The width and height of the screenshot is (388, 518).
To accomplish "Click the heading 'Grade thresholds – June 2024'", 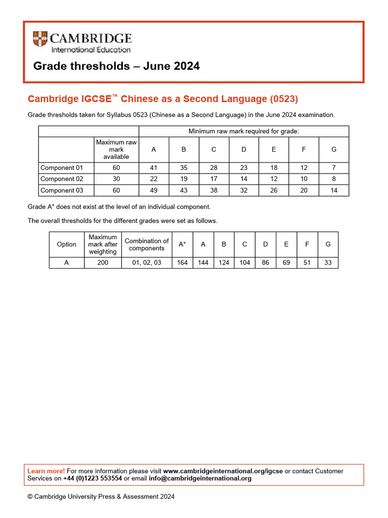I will pos(116,66).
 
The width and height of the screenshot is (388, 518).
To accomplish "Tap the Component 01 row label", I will pos(61,168).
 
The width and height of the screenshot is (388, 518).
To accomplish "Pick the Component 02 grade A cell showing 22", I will pos(154,179).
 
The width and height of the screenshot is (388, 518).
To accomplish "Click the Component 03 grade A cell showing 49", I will pos(154,191).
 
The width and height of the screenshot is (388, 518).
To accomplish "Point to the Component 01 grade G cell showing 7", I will pos(333,168).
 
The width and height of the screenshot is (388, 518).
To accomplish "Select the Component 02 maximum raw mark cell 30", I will pos(116,179).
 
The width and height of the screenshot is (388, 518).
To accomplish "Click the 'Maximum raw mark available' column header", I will pos(116,149).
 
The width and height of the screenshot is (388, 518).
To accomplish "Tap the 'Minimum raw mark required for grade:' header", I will pos(244,132).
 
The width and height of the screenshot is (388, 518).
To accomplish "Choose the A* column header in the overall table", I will pos(182,244).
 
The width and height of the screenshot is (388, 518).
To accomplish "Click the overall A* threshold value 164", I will pos(182,263).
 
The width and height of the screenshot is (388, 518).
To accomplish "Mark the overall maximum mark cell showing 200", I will pos(103,263).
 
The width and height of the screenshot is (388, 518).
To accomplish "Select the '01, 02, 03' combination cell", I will pos(147,263).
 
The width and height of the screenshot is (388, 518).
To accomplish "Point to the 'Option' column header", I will pos(67,244).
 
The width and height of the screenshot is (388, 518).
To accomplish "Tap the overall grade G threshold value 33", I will pos(328,263).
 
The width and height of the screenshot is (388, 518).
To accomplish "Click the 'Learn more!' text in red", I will pos(46,471).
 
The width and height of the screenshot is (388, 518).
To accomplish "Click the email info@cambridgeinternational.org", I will pos(200,479).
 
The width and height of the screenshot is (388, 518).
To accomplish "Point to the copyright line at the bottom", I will pos(101,497).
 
